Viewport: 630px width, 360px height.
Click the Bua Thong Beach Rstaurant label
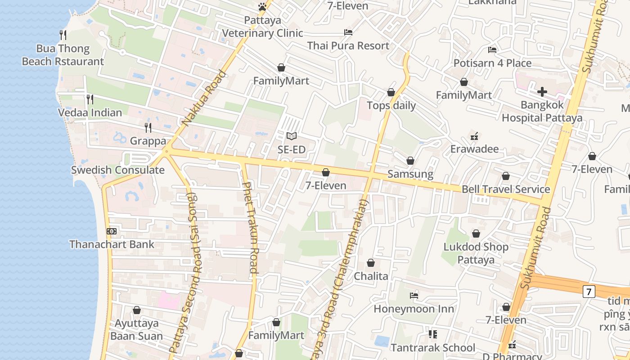[63, 55]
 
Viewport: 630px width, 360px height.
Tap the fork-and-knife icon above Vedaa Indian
[90, 99]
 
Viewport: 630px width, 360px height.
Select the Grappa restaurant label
[148, 141]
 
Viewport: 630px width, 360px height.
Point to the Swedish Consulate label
[118, 170]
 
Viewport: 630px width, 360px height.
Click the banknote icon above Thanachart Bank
[112, 231]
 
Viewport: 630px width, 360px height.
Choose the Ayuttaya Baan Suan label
[136, 330]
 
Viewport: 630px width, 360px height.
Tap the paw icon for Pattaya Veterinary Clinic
[262, 7]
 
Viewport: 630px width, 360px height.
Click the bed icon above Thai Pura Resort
[348, 32]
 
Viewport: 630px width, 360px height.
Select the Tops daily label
[391, 106]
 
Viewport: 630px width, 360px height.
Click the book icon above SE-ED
[292, 136]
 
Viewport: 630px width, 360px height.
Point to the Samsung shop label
[410, 174]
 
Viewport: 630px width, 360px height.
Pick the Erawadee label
[474, 148]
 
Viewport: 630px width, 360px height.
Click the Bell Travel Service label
[506, 189]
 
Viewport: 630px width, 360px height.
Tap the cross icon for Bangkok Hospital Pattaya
[542, 92]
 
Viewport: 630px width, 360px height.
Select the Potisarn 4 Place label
[492, 63]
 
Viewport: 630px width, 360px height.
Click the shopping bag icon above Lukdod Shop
[476, 234]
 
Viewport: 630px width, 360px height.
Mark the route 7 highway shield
[588, 291]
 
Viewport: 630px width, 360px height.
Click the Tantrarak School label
[432, 347]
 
